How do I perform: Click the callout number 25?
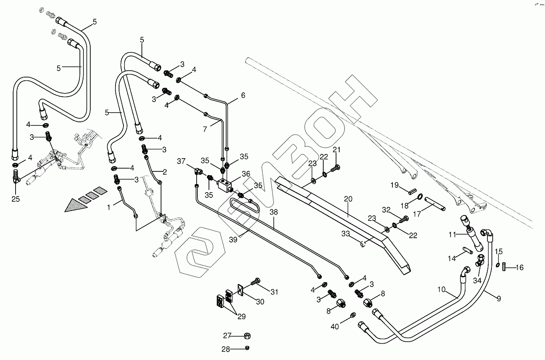coord(16,199)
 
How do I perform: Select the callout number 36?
coord(245,174)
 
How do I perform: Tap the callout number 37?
coord(182,161)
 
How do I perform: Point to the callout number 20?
coord(348,199)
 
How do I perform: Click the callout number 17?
coord(417,214)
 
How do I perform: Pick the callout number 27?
coord(227,335)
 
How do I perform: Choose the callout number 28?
coord(226,349)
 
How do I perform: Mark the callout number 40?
coord(335,326)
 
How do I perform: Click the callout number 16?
coord(519,267)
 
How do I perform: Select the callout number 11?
coord(452,235)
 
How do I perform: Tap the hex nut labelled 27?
coord(247,335)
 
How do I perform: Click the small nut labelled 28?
coord(247,348)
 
